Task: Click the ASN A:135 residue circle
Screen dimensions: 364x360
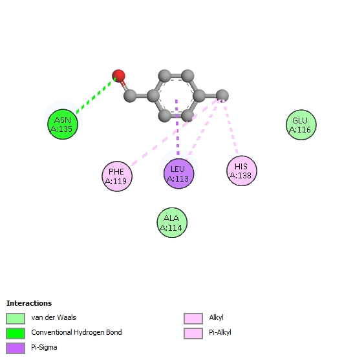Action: click(x=63, y=124)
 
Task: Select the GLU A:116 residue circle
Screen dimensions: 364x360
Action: click(x=301, y=125)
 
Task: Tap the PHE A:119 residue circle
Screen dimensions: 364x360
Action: click(x=117, y=176)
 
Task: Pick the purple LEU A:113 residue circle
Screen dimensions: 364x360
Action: click(x=178, y=174)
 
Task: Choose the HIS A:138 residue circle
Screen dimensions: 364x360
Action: click(x=242, y=171)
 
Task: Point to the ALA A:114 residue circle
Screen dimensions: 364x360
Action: click(x=172, y=222)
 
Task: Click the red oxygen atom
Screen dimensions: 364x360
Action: click(x=118, y=76)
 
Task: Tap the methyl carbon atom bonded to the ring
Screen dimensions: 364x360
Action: click(x=222, y=96)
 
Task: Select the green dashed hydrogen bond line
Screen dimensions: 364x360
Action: click(x=96, y=96)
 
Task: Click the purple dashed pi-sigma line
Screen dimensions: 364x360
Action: click(x=177, y=127)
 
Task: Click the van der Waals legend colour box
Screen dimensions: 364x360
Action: click(x=16, y=319)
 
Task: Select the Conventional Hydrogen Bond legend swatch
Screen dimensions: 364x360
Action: click(x=16, y=334)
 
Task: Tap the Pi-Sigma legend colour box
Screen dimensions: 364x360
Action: click(x=16, y=348)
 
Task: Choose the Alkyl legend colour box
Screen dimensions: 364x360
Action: click(x=193, y=319)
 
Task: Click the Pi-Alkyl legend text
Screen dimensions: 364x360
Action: click(x=220, y=333)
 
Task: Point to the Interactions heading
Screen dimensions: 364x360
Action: click(x=29, y=303)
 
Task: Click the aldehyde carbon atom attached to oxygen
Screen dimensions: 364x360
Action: click(x=130, y=96)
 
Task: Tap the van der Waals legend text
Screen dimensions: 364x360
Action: click(x=54, y=317)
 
